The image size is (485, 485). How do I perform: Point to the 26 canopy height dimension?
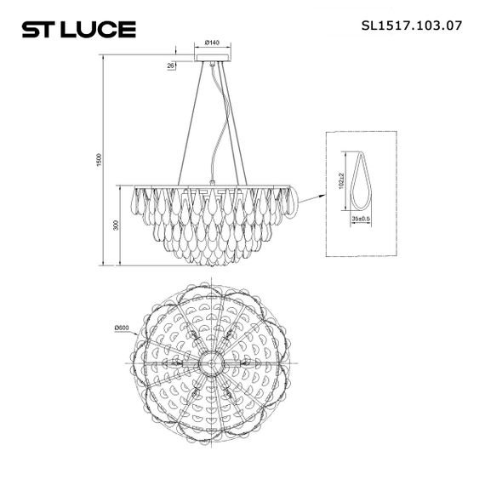pyautogui.click(x=171, y=65)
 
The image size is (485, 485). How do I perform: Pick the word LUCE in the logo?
pyautogui.click(x=106, y=29)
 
